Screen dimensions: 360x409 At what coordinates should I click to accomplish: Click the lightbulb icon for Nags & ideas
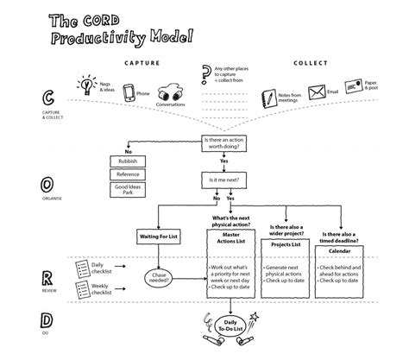[86, 86]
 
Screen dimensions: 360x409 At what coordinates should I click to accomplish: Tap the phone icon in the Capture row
[129, 93]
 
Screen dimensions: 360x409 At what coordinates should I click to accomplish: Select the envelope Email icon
[318, 91]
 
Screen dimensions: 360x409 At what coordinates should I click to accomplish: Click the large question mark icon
[205, 73]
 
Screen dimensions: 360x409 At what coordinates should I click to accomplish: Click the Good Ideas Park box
[129, 188]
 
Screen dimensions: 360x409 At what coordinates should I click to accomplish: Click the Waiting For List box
[158, 235]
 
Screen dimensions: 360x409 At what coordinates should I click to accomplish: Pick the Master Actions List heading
[230, 237]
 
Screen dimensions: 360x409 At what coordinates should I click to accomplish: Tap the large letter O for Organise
[45, 185]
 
